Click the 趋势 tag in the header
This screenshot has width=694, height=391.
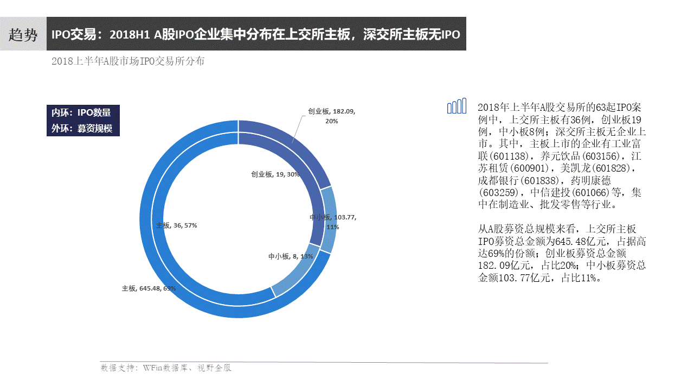point(23,35)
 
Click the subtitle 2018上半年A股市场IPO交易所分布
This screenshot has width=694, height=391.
point(128,61)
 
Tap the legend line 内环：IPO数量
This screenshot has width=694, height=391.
point(81,112)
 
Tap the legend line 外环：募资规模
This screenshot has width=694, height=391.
point(81,129)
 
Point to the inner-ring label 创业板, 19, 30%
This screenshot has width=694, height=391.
point(275,175)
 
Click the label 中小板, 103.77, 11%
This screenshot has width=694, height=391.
point(332,222)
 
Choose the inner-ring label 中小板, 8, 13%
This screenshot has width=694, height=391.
point(291,256)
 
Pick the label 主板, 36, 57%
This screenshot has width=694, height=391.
point(176,225)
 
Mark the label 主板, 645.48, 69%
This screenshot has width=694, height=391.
point(149,289)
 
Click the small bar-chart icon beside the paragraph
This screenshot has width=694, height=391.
point(457,106)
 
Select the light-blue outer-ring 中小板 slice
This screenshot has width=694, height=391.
point(328,220)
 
